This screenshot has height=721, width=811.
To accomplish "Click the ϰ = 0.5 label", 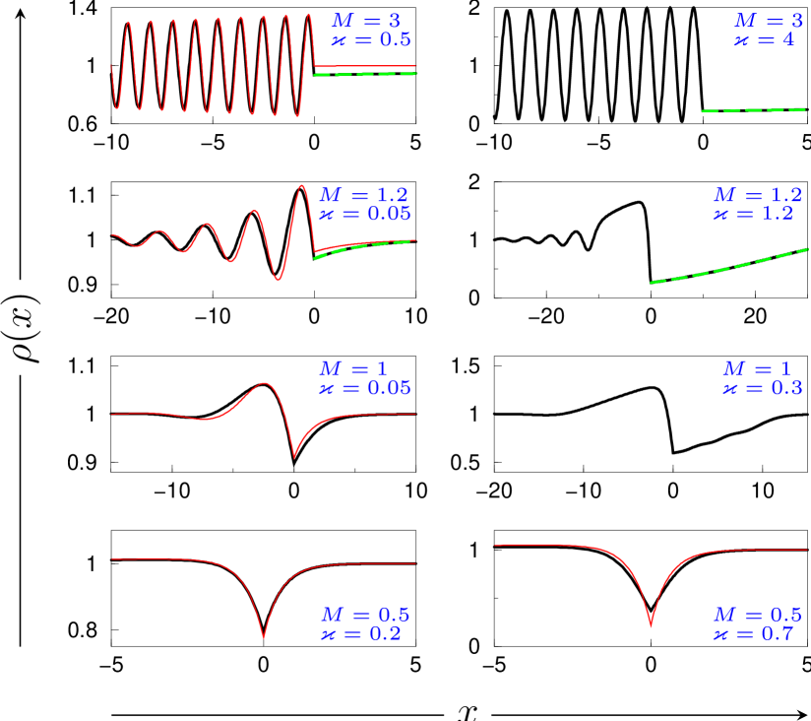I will click(371, 40).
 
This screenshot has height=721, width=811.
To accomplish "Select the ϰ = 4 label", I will click(764, 40).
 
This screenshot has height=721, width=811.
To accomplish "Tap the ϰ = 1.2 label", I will click(753, 214).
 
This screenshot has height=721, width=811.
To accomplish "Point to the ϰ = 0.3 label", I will click(763, 388).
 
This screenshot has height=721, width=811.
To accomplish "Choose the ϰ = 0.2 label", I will click(361, 633).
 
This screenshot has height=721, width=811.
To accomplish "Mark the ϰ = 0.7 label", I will click(753, 633).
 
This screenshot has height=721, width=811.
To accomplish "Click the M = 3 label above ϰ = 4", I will click(768, 21).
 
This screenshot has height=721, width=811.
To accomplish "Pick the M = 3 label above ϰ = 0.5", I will click(366, 21).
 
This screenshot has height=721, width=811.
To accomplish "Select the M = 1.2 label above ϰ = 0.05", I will click(363, 195).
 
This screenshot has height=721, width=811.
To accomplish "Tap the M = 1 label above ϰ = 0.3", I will click(757, 368).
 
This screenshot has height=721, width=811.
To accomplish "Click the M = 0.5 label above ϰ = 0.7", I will click(757, 615).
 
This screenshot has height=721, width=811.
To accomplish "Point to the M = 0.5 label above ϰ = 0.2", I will click(365, 615).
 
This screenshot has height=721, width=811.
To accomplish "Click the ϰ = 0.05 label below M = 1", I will click(365, 388).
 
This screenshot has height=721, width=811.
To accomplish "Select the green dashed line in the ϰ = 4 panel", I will click(754, 110).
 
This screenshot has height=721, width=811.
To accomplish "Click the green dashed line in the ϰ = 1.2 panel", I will click(728, 268).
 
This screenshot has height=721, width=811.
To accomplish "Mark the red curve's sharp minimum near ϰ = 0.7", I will click(651, 624).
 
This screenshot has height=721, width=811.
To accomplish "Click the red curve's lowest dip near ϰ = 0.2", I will click(264, 637).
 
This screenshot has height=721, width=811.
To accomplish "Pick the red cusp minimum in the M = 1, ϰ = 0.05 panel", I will click(293, 456).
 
